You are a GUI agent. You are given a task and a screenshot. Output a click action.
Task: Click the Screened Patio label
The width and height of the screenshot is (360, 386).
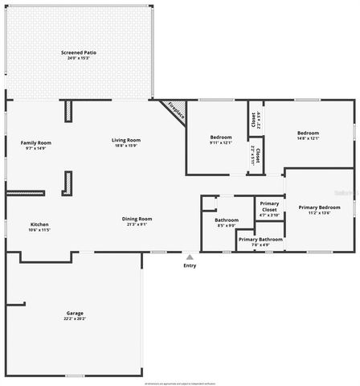click(x=79, y=52)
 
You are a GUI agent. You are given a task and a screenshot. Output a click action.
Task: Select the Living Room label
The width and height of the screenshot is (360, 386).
click(x=126, y=140)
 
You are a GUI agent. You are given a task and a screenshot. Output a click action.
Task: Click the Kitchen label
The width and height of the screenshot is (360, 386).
click(x=39, y=224)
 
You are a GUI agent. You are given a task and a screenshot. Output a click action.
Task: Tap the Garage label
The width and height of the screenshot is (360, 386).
click(x=75, y=313)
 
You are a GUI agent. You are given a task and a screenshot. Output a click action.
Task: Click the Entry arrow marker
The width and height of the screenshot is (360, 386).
click(x=190, y=257)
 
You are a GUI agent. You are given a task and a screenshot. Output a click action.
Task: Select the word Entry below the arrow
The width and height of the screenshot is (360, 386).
click(x=190, y=265)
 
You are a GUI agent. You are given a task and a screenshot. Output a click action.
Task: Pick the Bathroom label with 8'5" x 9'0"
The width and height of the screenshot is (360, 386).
click(x=227, y=220)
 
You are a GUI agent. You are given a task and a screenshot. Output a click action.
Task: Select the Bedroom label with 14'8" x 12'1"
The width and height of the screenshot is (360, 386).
click(x=308, y=133)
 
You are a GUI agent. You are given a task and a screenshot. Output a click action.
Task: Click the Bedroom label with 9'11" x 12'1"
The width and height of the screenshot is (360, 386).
click(x=221, y=137)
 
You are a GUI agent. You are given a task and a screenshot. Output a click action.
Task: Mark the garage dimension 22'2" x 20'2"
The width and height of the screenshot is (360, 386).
click(x=75, y=318)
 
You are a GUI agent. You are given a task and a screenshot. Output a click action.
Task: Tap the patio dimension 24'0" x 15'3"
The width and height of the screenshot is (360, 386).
click(x=79, y=58)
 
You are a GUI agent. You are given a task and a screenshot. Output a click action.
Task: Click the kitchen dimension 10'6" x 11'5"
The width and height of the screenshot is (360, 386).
click(x=39, y=230)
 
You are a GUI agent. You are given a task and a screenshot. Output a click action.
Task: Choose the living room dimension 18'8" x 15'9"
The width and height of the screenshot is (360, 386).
click(x=126, y=146)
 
